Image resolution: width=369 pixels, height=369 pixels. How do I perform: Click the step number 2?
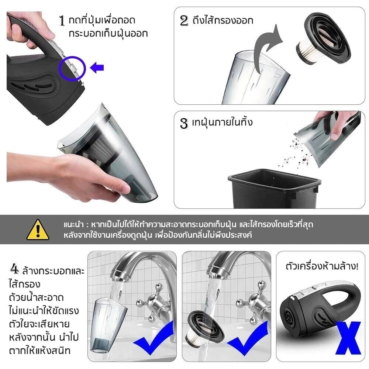tap(184, 20)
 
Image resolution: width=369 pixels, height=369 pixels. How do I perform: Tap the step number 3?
tap(184, 123)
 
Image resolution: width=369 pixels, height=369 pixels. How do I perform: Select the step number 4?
tap(14, 270)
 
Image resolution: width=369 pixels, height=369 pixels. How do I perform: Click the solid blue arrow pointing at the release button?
tap(97, 68)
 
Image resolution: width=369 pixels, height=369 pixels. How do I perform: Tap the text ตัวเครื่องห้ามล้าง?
tap(322, 266)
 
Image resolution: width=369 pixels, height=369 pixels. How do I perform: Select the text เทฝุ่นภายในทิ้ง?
tap(222, 123)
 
